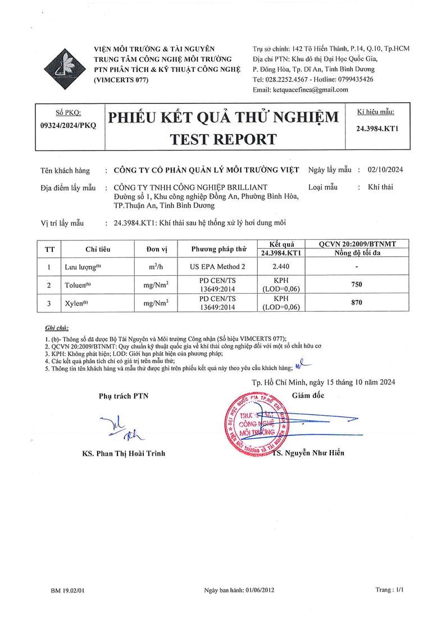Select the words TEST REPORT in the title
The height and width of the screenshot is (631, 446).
223,139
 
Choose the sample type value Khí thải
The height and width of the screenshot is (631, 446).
380,187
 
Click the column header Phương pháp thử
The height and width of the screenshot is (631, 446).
219,249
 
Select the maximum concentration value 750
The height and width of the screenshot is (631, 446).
357,285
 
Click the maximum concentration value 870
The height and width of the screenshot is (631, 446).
357,303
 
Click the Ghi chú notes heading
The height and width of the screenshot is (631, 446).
56,327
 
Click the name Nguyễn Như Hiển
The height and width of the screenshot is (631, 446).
314,453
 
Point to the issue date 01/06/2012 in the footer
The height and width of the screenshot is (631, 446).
259,591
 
